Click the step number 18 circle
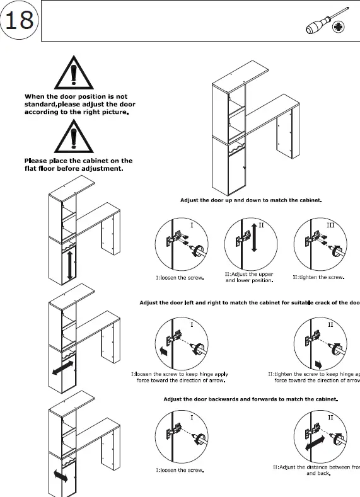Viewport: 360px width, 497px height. (19, 20)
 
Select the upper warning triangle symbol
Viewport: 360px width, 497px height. (74, 74)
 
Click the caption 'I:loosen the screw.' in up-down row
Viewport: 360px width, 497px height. (180, 277)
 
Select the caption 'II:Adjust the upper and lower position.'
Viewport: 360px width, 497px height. (249, 277)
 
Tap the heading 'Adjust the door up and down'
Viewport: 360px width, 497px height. (251, 200)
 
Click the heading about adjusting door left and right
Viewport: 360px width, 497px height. (249, 303)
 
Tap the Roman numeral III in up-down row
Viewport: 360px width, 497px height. (330, 225)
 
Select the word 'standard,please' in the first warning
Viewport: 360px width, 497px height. (52, 104)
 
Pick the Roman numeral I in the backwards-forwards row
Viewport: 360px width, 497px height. (192, 418)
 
